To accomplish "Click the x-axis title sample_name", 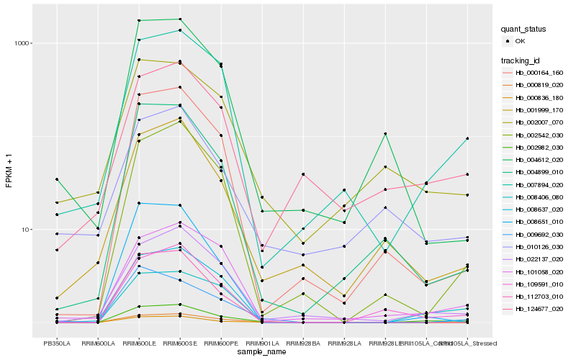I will coord(262,353).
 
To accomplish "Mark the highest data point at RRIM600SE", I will coord(180,19).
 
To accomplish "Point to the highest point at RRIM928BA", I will coord(303,174).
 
